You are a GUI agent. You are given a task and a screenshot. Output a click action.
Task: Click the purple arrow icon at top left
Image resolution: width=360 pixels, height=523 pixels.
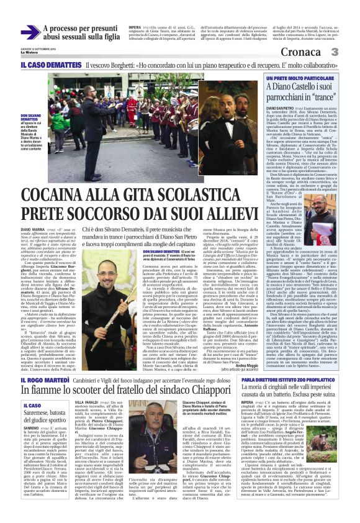tap(30, 32)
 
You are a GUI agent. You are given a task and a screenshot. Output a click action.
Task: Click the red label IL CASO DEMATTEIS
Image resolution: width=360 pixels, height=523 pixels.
tap(42, 65)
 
